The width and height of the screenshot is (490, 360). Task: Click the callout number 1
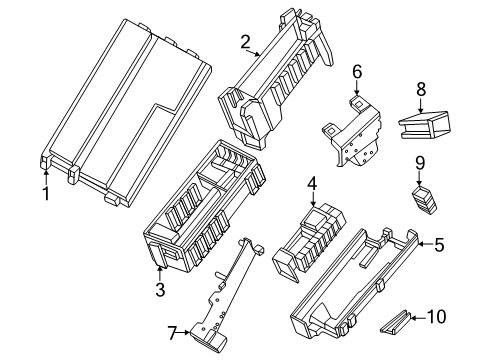45,190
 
